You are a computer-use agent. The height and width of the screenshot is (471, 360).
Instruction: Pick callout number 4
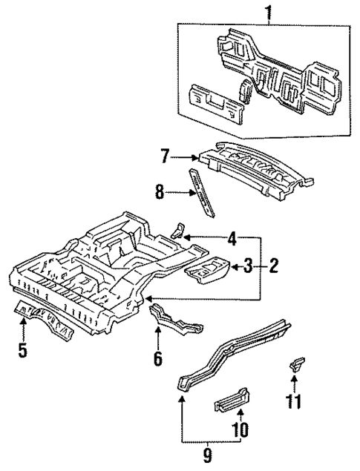(232, 239)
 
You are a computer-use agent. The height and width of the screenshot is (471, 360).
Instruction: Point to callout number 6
(157, 359)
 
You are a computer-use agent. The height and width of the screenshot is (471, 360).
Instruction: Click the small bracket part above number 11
(295, 365)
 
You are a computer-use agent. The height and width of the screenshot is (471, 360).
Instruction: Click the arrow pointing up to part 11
(295, 385)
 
